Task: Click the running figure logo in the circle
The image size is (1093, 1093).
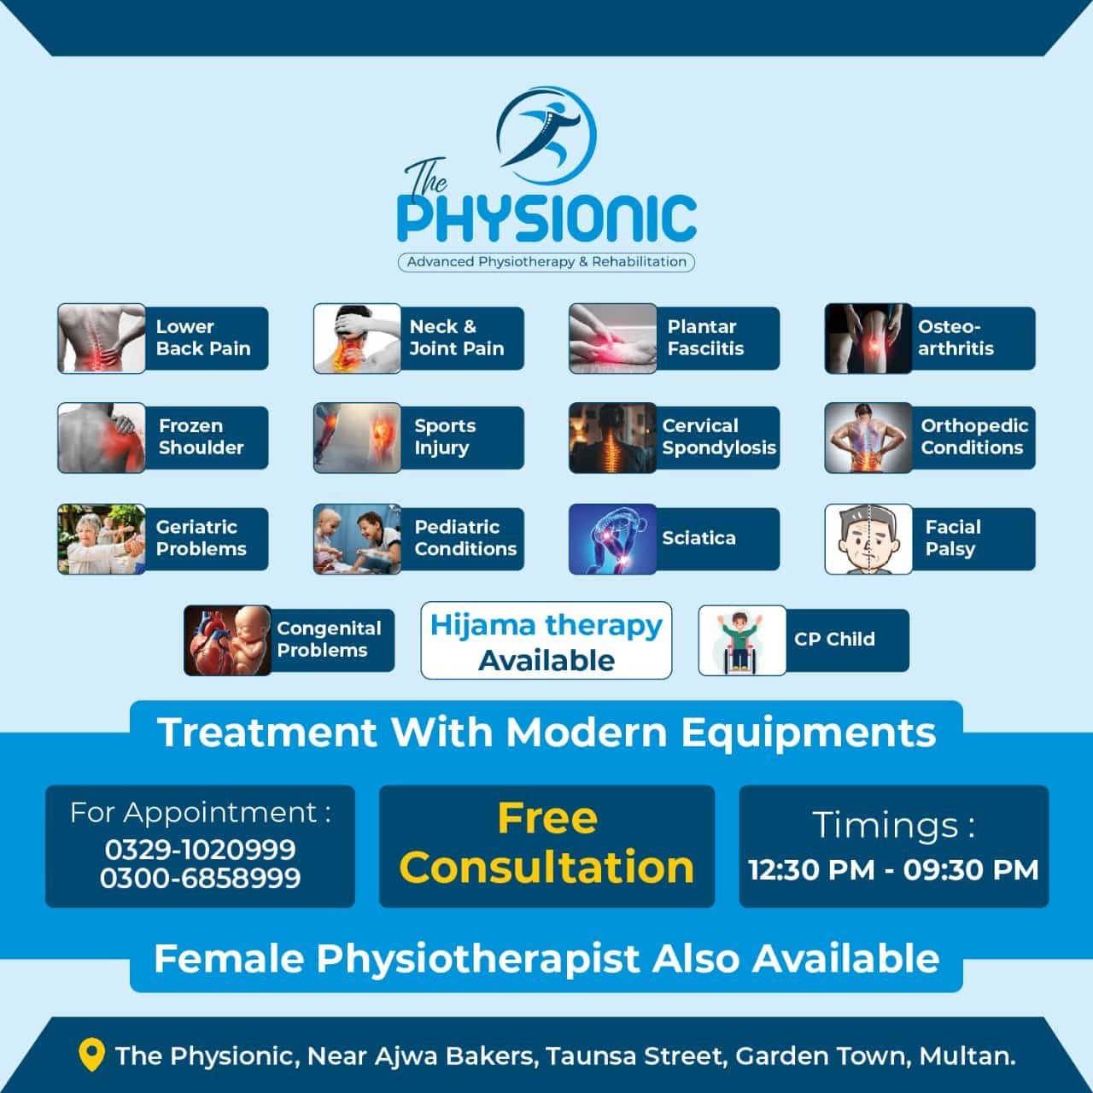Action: point(546,136)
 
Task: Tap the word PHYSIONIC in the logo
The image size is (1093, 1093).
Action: point(546,219)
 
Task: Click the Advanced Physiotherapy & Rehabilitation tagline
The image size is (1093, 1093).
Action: point(546,262)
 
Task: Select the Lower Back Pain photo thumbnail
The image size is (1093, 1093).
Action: point(102,338)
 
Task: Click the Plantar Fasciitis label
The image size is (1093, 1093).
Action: point(705,337)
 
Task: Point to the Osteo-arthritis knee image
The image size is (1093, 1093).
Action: point(868,338)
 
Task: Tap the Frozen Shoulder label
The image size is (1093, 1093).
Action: point(202,436)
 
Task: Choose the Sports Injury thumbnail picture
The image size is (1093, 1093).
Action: point(357,437)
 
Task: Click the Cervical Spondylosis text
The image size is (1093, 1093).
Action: point(719,436)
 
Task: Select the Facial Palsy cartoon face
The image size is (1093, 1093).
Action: point(868,539)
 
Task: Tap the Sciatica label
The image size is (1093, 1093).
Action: point(698,538)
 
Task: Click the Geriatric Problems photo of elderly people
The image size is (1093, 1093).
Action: point(102,539)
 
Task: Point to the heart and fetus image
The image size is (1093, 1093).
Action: point(227,640)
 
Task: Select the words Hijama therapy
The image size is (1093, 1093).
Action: point(546,626)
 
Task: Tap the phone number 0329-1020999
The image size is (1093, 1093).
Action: point(200,850)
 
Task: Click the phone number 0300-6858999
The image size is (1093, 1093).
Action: point(200,878)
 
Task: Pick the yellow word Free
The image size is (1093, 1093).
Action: point(547,819)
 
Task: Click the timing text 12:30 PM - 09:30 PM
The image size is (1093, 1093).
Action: point(893,870)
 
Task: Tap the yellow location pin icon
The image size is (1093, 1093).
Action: point(91,1054)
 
